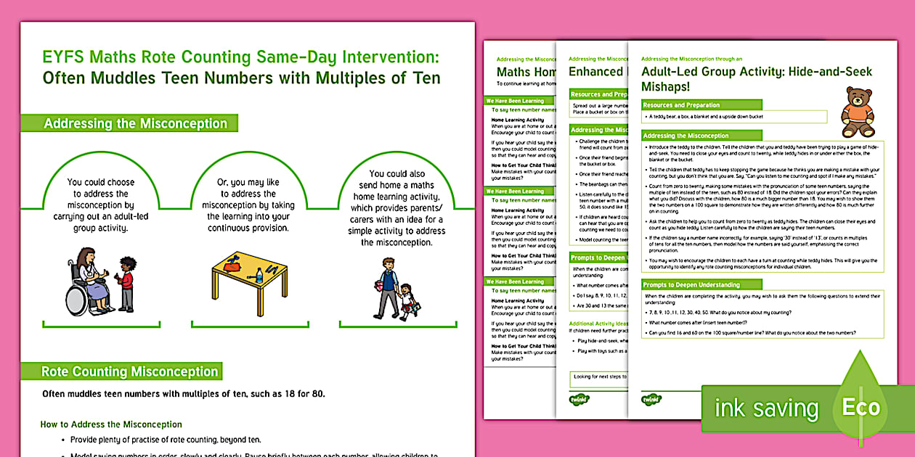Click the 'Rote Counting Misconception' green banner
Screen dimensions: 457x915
129,371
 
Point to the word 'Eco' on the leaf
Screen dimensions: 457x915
861,408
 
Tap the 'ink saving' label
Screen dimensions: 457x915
766,408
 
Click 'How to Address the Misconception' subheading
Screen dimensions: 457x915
111,424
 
